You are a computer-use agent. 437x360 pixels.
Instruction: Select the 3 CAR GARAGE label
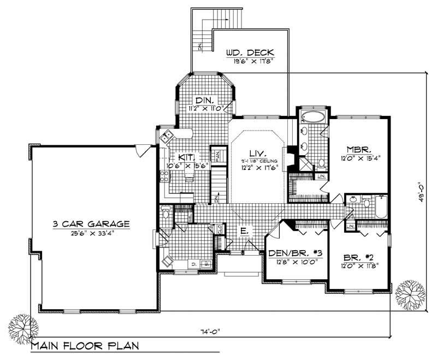coord(91,223)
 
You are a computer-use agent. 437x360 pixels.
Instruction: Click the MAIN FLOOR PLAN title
coord(85,346)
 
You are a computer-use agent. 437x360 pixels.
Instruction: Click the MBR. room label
coord(359,149)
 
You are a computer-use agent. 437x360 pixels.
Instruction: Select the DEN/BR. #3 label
coord(294,253)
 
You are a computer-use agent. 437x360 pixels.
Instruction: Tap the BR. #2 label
coord(358,257)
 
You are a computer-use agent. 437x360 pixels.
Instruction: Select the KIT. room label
coord(184,156)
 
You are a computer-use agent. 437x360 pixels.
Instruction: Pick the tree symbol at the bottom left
coord(21,328)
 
